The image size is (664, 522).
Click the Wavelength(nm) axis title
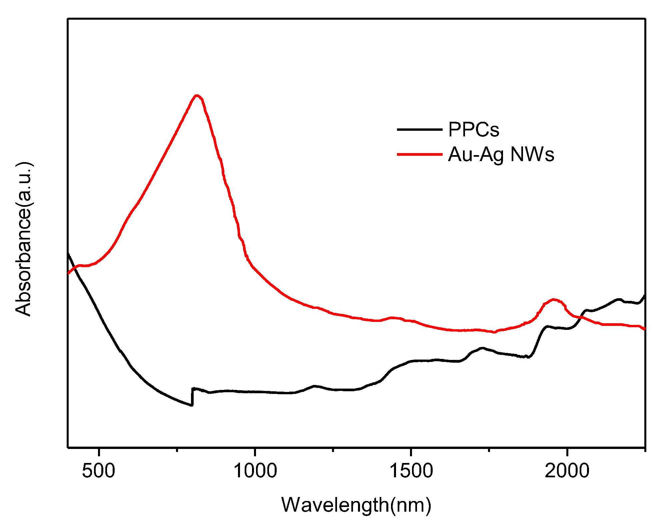pos(356,505)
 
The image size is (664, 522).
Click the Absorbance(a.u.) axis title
pos(23,239)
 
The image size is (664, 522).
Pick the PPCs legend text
pos(474,129)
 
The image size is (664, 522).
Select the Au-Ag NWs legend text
pos(501,154)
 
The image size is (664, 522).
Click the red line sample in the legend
pos(419,154)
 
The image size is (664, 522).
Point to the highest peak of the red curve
pos(197,96)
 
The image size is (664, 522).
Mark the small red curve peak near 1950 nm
pos(554,300)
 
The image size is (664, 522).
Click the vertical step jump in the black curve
pos(192,397)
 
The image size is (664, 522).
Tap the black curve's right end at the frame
pos(645,296)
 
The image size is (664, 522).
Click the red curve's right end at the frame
pos(645,329)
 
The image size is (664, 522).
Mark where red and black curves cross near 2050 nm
pos(581,317)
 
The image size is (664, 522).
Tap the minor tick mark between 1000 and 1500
pos(333,450)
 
